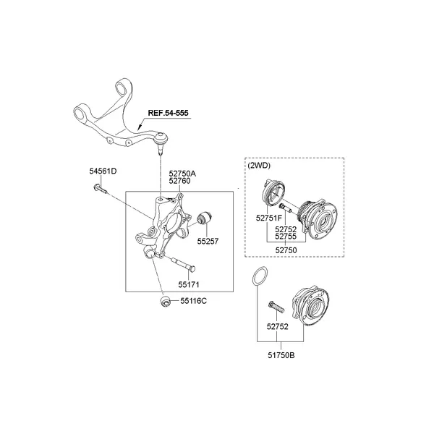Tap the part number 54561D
point(103,171)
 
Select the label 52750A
point(182,174)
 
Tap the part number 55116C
point(194,300)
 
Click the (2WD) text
point(258,165)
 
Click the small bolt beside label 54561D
point(101,190)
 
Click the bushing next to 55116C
point(165,300)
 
